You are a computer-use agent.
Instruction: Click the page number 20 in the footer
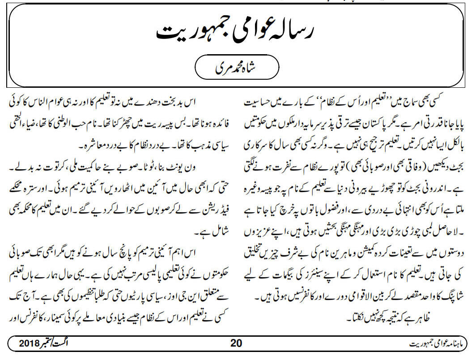point(236,344)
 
